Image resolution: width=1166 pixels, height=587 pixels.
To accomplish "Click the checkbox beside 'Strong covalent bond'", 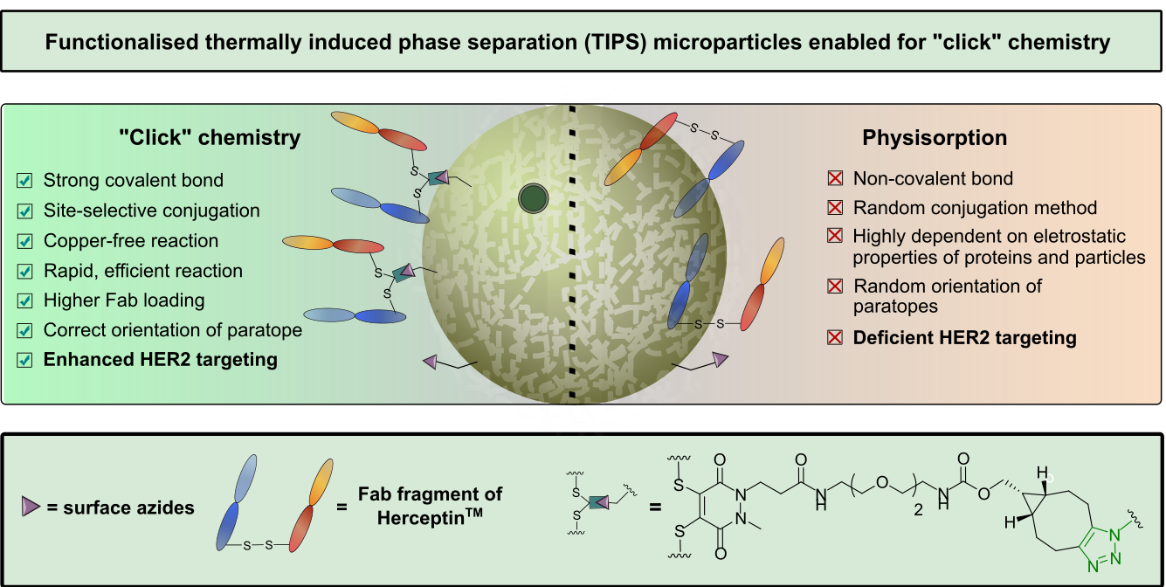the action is (24, 181).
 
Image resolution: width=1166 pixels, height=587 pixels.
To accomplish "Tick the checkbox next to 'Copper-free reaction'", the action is (24, 241).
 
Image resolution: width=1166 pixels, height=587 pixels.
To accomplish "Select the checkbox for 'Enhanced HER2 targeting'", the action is (24, 360).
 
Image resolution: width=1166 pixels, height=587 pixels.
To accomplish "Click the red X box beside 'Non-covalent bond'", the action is (835, 178).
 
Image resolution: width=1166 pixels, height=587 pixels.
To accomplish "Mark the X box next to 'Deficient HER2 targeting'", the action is (835, 338).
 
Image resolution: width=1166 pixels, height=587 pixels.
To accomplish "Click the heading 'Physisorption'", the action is (935, 138).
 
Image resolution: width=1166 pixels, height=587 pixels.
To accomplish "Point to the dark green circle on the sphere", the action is (533, 198).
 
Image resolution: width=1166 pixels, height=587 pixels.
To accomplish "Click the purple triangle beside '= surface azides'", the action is (31, 506).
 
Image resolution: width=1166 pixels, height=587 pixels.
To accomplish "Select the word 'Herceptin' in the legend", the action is (424, 518).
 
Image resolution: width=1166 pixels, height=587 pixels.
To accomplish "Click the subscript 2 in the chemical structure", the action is (918, 509).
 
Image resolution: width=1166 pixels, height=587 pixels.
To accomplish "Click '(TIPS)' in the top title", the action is (614, 42).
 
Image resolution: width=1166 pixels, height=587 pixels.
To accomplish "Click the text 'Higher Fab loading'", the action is (124, 300).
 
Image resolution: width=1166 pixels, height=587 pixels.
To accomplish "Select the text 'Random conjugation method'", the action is (975, 208).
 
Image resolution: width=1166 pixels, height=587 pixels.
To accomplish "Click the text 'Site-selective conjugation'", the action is (151, 211).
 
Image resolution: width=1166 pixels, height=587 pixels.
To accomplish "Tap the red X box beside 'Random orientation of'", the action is (835, 286).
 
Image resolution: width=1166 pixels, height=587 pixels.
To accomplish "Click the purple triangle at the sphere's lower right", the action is (720, 359).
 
